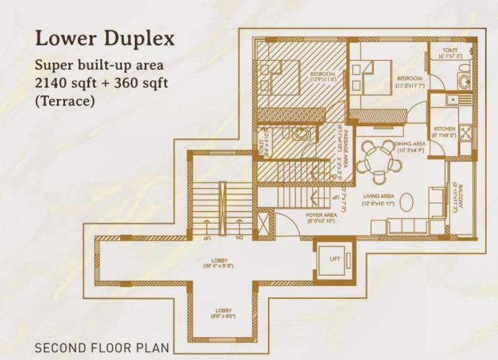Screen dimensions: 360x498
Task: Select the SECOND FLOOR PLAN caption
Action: coord(101,349)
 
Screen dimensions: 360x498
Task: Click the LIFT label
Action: coord(334,258)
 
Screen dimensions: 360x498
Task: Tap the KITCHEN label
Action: coord(444,129)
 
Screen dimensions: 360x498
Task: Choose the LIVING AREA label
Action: coord(378,197)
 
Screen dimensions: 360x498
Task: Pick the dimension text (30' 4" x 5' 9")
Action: coord(219,266)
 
